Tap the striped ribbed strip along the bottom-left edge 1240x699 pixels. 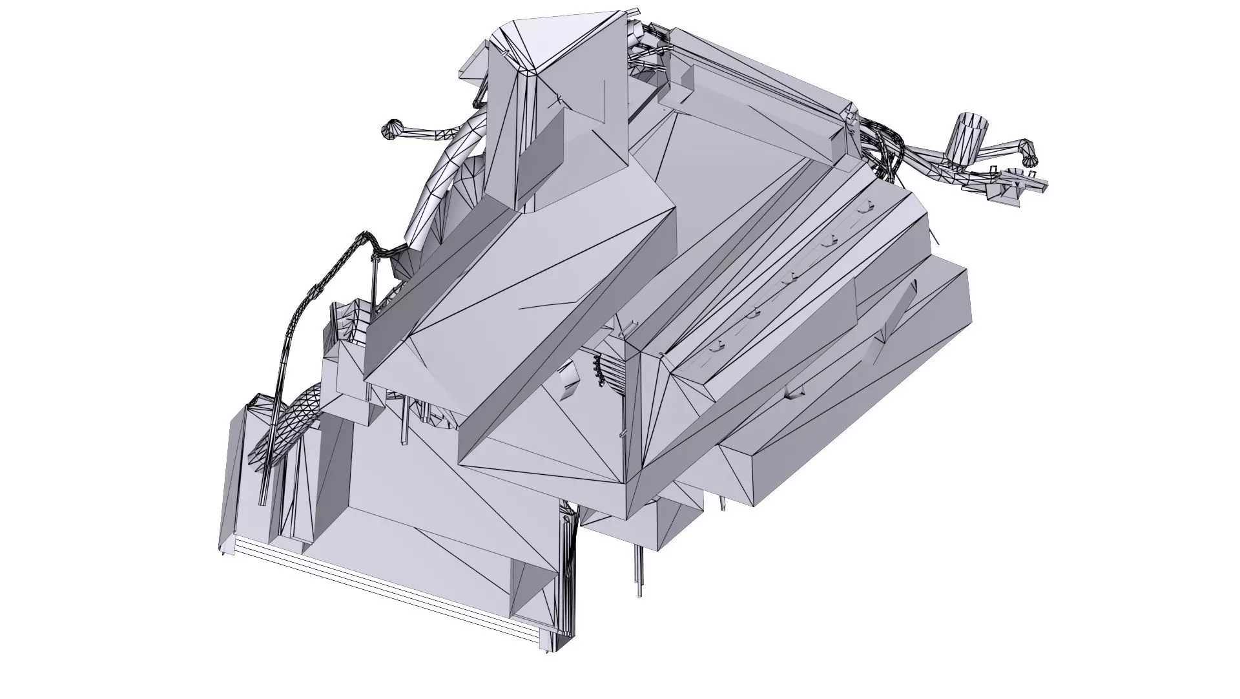tap(387, 591)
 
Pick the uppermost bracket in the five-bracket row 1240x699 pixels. tap(865, 207)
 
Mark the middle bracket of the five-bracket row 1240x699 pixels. tap(787, 279)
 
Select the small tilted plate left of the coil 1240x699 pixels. tap(568, 378)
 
